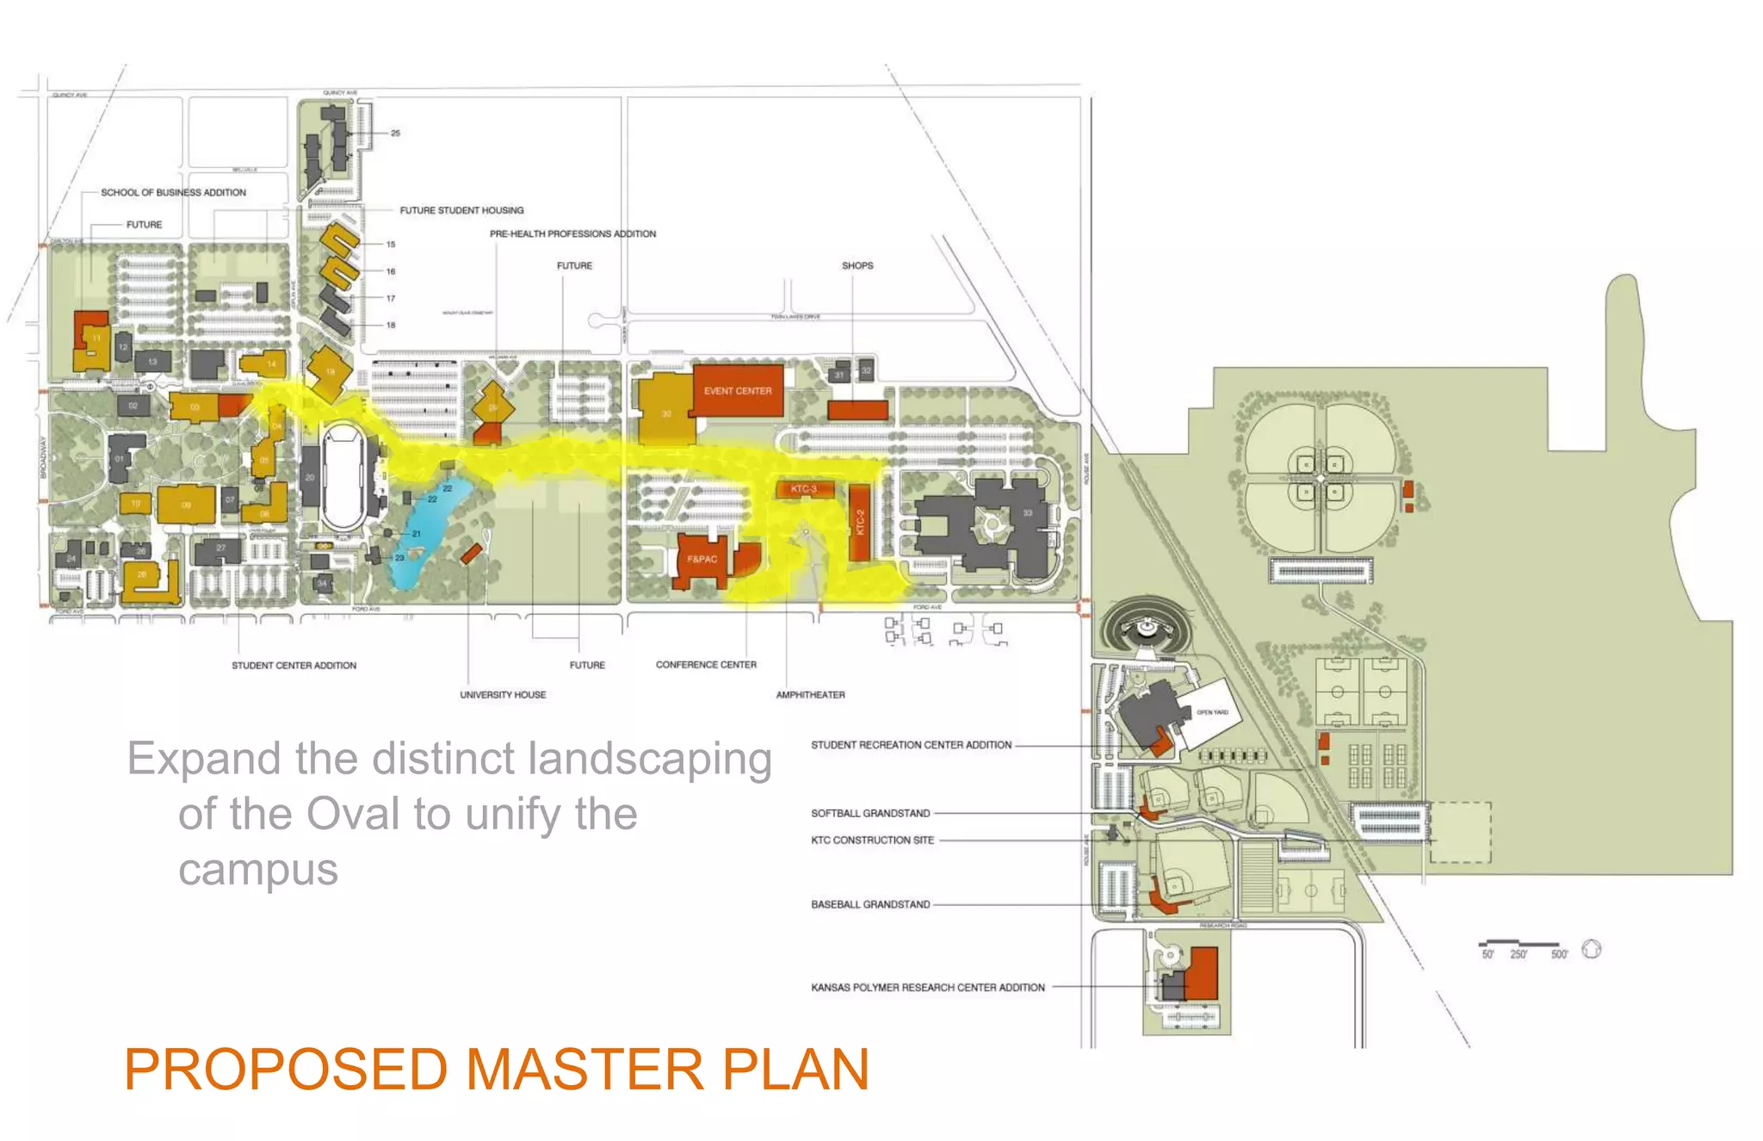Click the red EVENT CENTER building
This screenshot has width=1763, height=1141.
tap(738, 391)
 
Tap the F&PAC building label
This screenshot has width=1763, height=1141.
tap(702, 559)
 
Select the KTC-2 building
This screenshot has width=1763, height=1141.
tap(859, 522)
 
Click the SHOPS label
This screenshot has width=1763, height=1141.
tap(857, 265)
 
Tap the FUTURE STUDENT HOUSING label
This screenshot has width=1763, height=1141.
tap(461, 210)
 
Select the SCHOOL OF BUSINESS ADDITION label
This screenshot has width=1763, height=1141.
tap(173, 192)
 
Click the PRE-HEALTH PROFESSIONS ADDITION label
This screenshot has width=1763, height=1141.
tap(572, 233)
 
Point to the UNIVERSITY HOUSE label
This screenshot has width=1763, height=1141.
tap(503, 695)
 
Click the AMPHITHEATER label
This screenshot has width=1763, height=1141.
tap(810, 695)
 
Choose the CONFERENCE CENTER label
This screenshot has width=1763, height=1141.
tap(706, 665)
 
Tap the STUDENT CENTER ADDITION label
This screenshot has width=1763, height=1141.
tap(294, 666)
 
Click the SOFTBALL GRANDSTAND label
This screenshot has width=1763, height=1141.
tap(870, 813)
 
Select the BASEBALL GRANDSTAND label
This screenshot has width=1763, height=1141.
tap(870, 904)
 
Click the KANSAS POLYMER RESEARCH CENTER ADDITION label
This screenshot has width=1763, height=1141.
tap(927, 988)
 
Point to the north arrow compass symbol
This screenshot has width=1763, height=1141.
tap(1592, 949)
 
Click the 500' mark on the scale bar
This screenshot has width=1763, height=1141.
tap(1559, 954)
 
